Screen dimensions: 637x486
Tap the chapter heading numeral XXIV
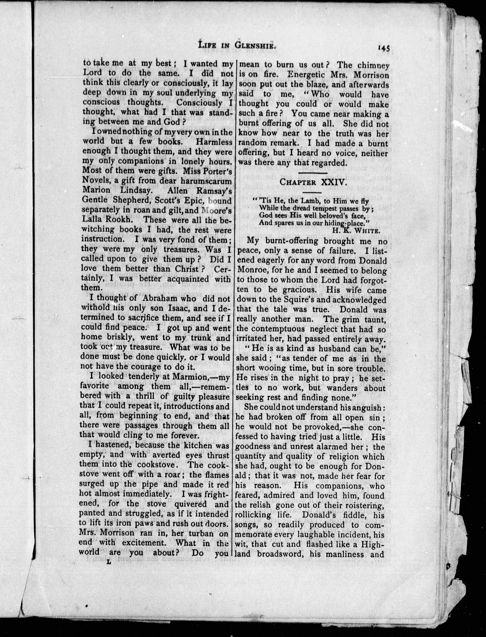(x=327, y=182)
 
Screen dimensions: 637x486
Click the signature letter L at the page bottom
(x=109, y=562)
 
